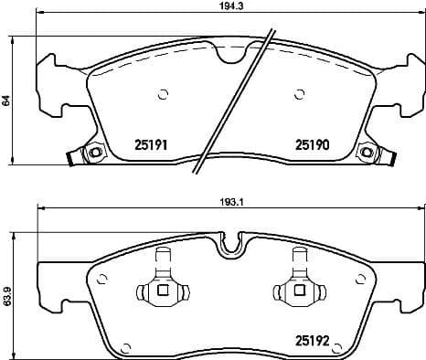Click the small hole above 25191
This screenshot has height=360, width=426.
tap(164, 92)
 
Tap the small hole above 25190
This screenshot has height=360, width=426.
tap(299, 93)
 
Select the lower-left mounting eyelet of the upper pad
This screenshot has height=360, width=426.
tap(91, 153)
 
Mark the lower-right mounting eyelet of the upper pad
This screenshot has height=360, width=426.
tap(367, 153)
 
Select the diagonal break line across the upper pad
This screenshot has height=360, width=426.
tap(234, 101)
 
